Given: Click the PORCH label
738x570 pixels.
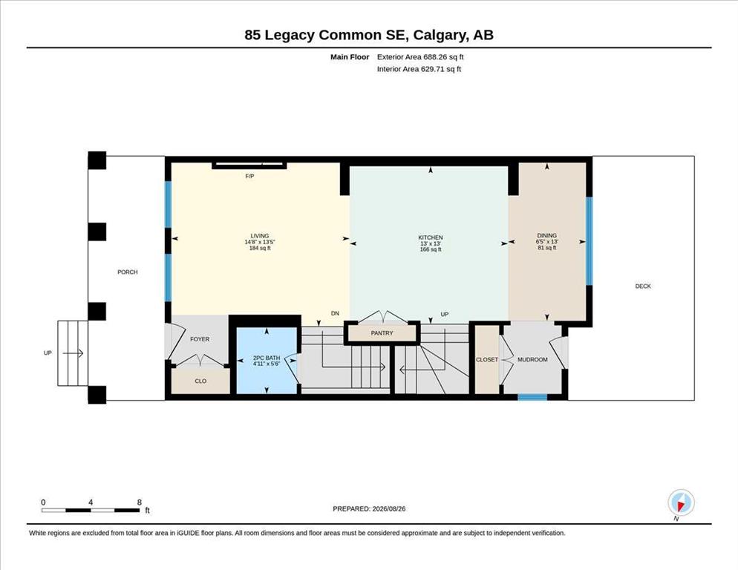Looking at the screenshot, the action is [x=128, y=272].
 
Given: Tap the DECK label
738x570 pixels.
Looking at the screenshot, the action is [x=643, y=286].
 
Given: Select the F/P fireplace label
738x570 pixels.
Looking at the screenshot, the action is [x=250, y=176].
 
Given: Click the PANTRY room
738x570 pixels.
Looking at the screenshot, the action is [x=382, y=332].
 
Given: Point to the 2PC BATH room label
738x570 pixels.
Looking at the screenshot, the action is [x=267, y=358].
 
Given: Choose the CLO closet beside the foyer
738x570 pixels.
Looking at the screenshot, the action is [x=200, y=381].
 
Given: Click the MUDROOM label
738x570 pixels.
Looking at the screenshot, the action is [x=532, y=360].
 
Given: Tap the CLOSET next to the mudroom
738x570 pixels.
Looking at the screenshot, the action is [x=486, y=360].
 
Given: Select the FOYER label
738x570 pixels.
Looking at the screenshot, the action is [x=200, y=339].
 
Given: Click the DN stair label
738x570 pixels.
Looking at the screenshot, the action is [x=335, y=313].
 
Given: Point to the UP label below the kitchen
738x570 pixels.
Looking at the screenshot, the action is [x=445, y=315].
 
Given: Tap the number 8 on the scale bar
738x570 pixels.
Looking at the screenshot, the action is [x=140, y=502].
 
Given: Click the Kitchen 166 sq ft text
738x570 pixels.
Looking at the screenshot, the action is [x=431, y=249].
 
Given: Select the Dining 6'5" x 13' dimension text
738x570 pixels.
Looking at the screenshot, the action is [x=547, y=241].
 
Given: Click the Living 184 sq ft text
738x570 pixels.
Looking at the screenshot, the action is [x=260, y=248].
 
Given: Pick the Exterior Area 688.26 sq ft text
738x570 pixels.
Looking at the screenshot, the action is [x=420, y=57].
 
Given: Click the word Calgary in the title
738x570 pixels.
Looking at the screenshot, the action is [x=441, y=36].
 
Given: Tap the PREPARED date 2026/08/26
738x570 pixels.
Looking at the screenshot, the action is [x=389, y=509].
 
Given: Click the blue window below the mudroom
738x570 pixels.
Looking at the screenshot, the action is [x=532, y=397].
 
